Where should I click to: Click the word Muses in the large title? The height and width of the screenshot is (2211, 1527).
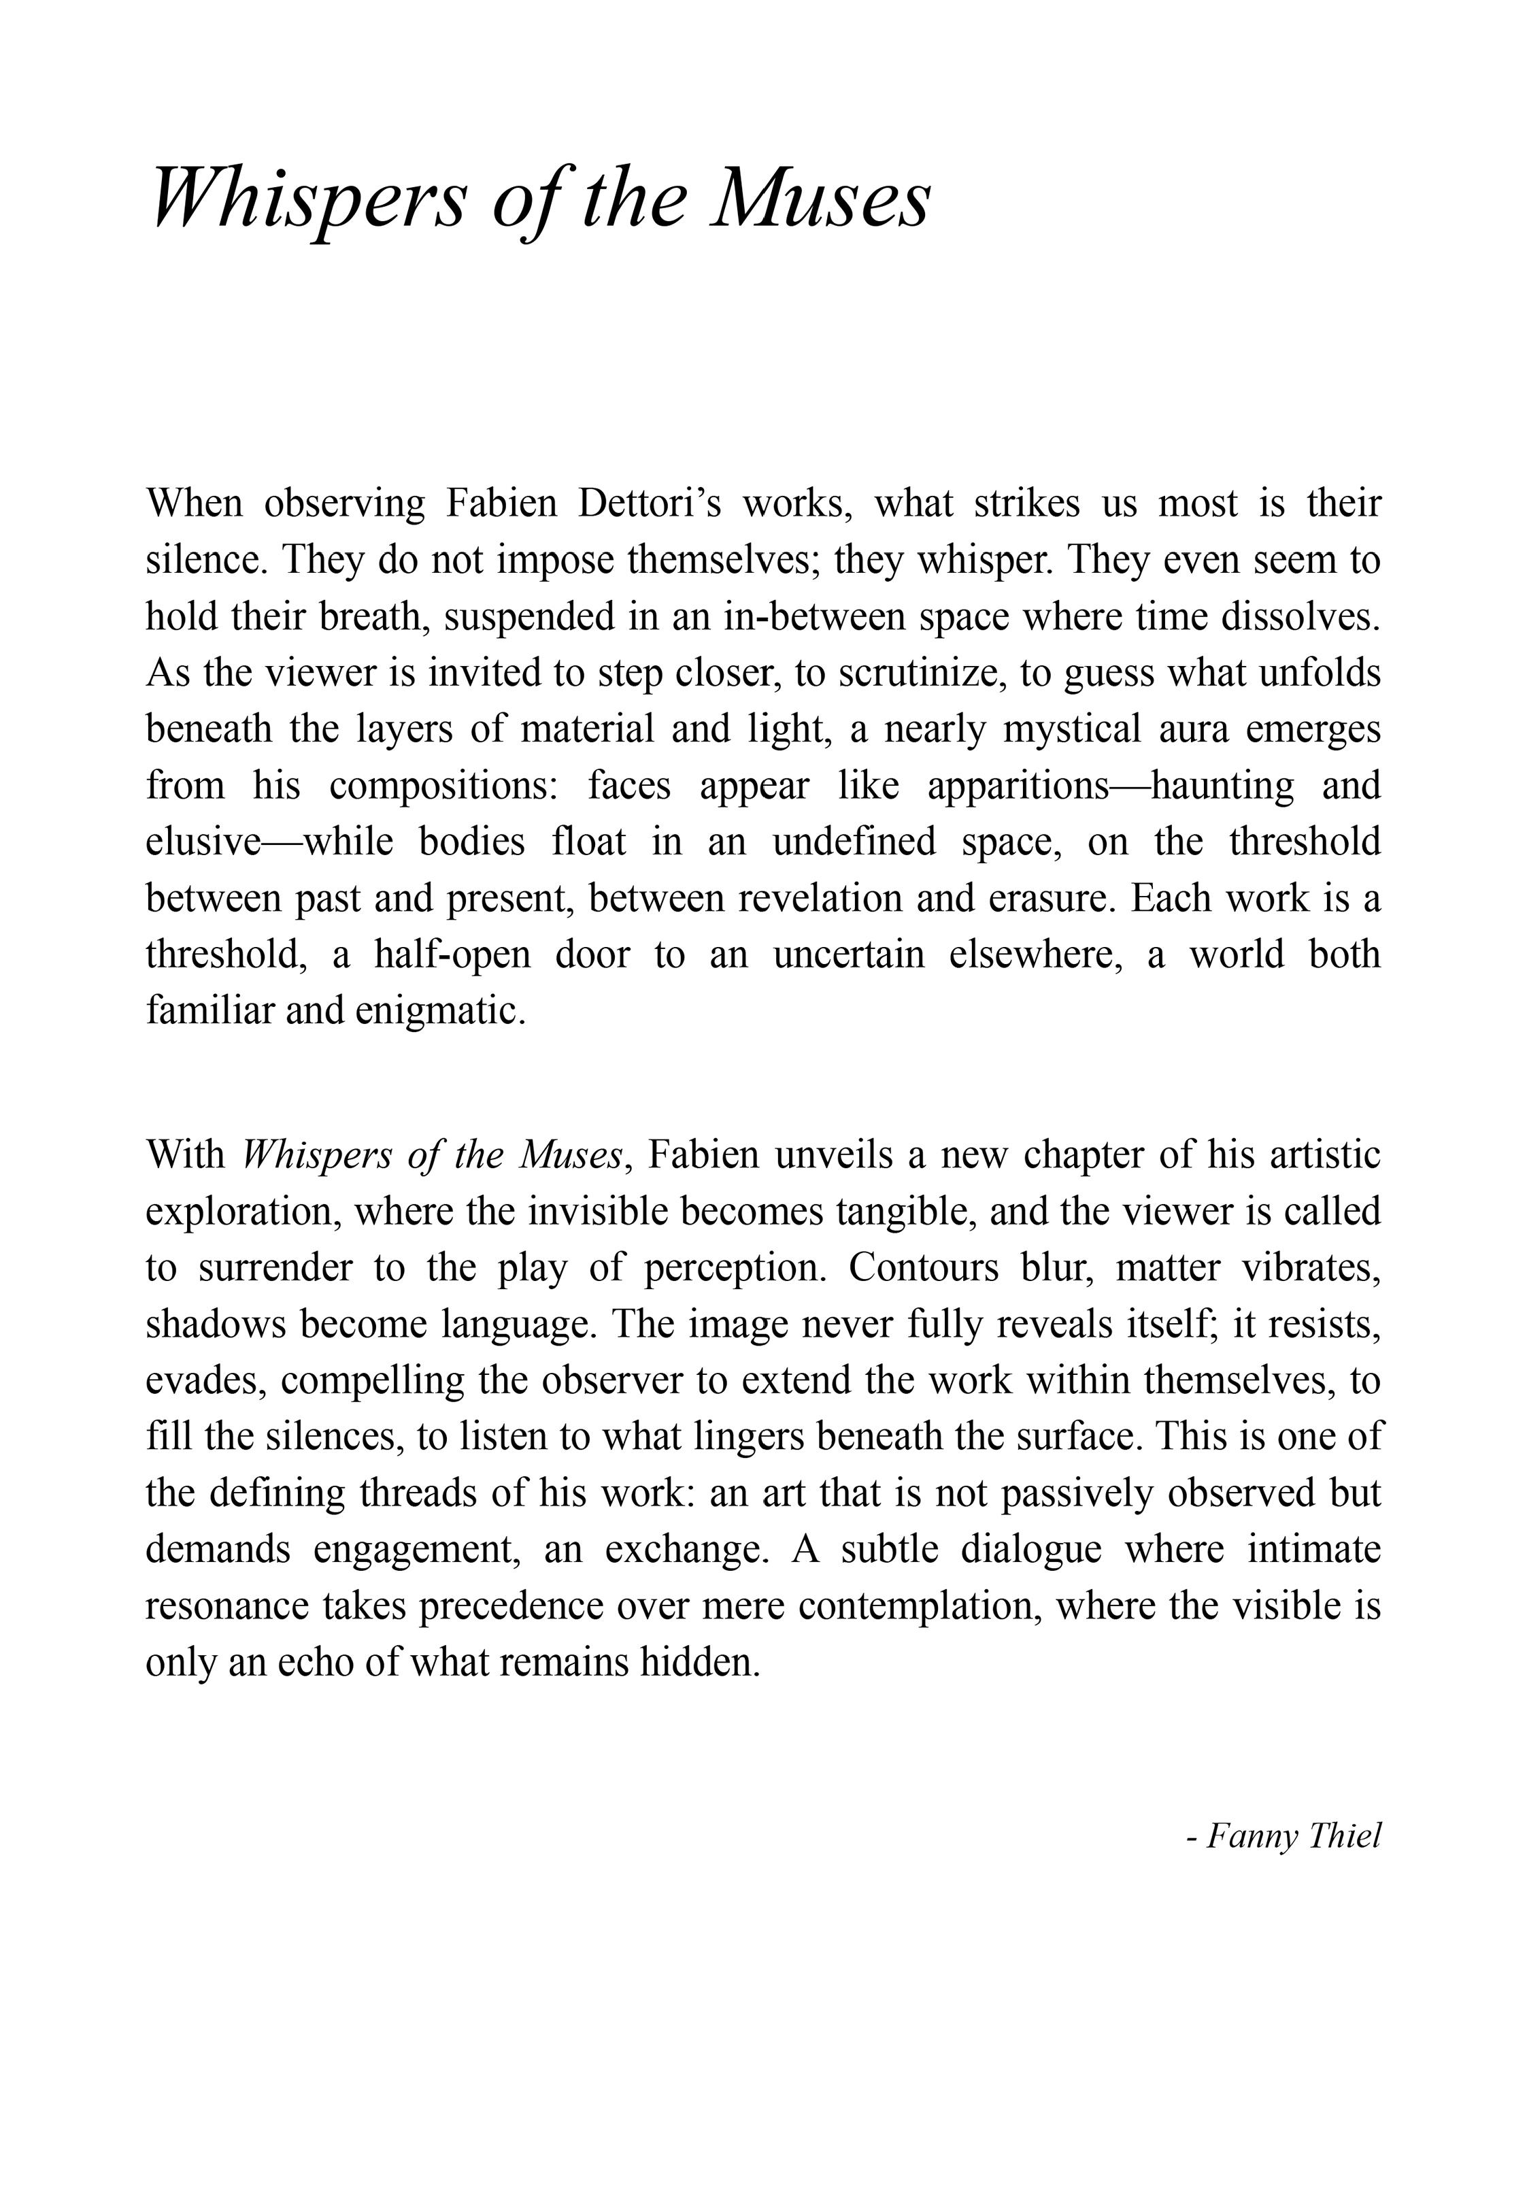point(819,199)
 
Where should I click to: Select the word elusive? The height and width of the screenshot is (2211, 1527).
point(203,842)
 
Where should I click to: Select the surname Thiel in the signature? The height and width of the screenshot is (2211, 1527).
point(1344,1836)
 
